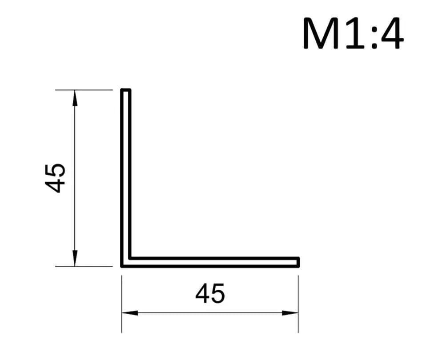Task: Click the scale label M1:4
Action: coord(353,33)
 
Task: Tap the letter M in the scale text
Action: coord(321,33)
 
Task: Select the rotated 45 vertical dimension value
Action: coord(55,178)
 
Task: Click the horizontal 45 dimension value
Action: coord(210,293)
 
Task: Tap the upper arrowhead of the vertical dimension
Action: coord(75,98)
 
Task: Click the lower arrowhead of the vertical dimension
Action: coord(75,258)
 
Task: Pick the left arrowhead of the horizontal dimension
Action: coord(130,313)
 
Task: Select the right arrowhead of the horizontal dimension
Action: coord(290,313)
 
